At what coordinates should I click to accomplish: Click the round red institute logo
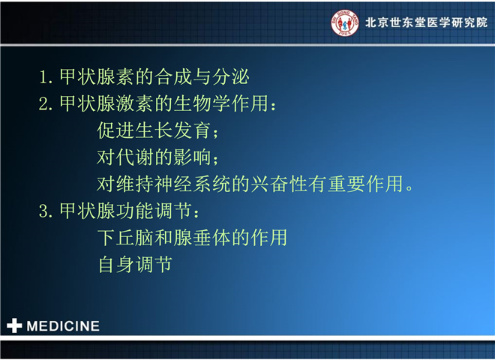(x=345, y=22)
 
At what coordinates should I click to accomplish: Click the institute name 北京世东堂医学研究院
(x=426, y=22)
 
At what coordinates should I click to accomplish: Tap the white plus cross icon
(x=14, y=325)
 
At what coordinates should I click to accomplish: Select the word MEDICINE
(x=63, y=326)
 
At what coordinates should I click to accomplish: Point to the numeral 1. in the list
(x=46, y=76)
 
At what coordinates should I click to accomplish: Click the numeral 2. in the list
(x=46, y=103)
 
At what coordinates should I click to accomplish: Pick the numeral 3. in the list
(x=46, y=211)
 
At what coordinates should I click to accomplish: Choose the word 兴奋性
(x=279, y=184)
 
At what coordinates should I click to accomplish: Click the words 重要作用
(x=365, y=184)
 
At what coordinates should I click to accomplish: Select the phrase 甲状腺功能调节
(x=126, y=211)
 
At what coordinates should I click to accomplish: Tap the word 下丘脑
(x=126, y=238)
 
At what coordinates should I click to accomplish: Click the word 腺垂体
(x=202, y=238)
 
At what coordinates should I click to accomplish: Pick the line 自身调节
(x=135, y=264)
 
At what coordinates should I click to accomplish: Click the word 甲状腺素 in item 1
(x=97, y=76)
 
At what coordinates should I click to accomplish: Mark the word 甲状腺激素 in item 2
(x=106, y=103)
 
